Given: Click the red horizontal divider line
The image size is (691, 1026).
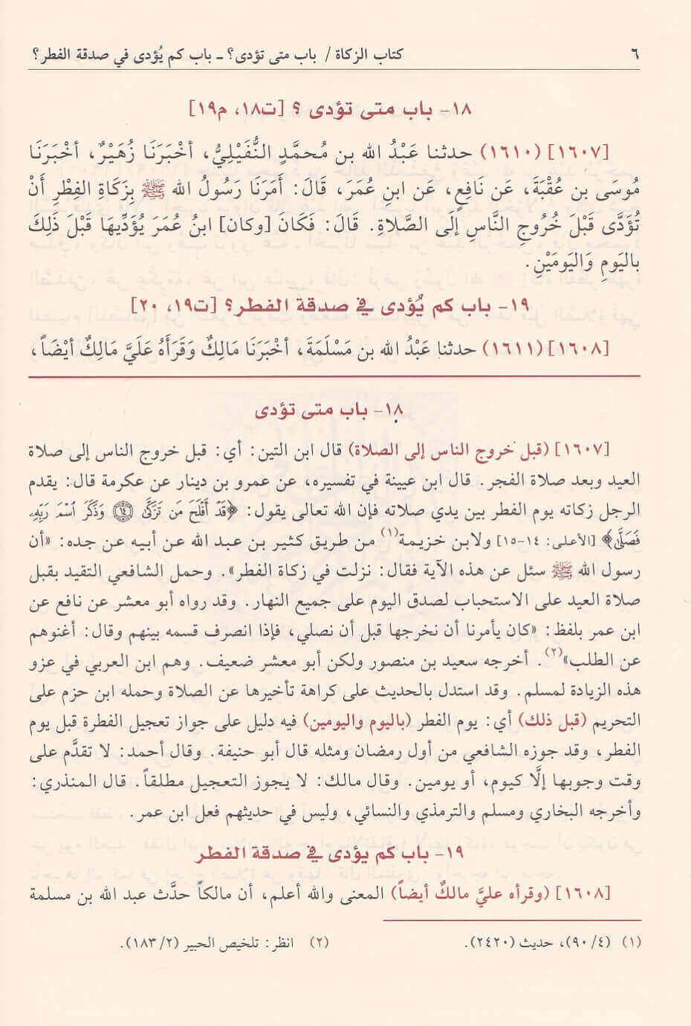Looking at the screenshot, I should tap(334, 378).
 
